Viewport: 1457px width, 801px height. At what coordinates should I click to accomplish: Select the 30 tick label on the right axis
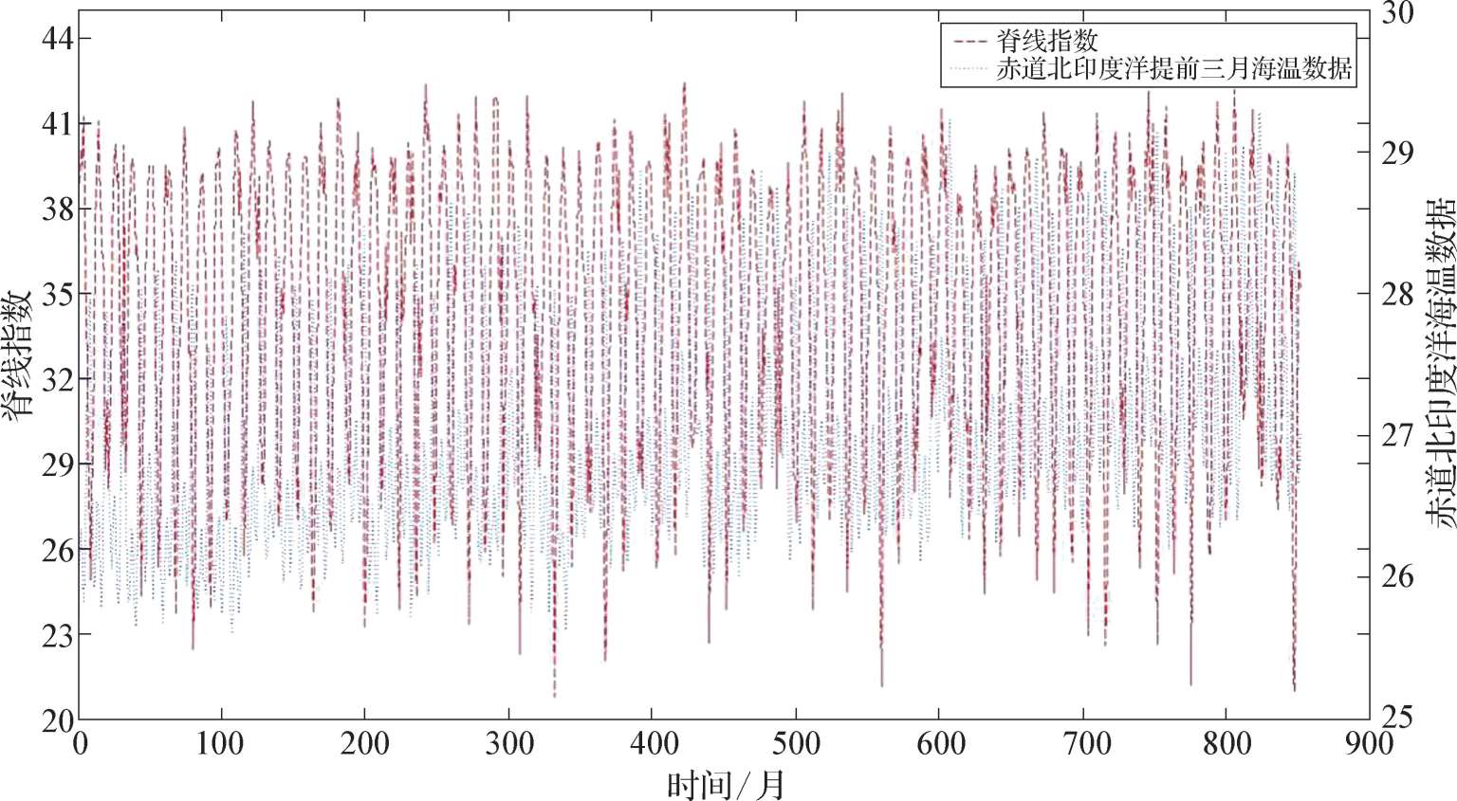point(1396,13)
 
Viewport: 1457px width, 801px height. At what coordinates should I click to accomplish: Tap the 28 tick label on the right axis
point(1396,294)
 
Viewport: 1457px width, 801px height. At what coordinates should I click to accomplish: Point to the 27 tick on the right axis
point(1396,435)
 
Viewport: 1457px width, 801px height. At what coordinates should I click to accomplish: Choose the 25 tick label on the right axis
point(1396,717)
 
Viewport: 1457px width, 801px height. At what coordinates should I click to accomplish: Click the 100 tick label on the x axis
point(221,743)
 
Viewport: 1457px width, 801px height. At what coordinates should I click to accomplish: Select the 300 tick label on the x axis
point(508,743)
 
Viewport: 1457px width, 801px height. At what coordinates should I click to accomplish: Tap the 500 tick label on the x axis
point(795,743)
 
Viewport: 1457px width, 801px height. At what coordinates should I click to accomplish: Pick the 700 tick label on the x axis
point(1082,743)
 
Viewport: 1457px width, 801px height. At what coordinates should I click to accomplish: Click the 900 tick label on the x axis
point(1369,743)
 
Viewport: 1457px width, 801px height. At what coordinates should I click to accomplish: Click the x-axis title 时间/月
point(726,784)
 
